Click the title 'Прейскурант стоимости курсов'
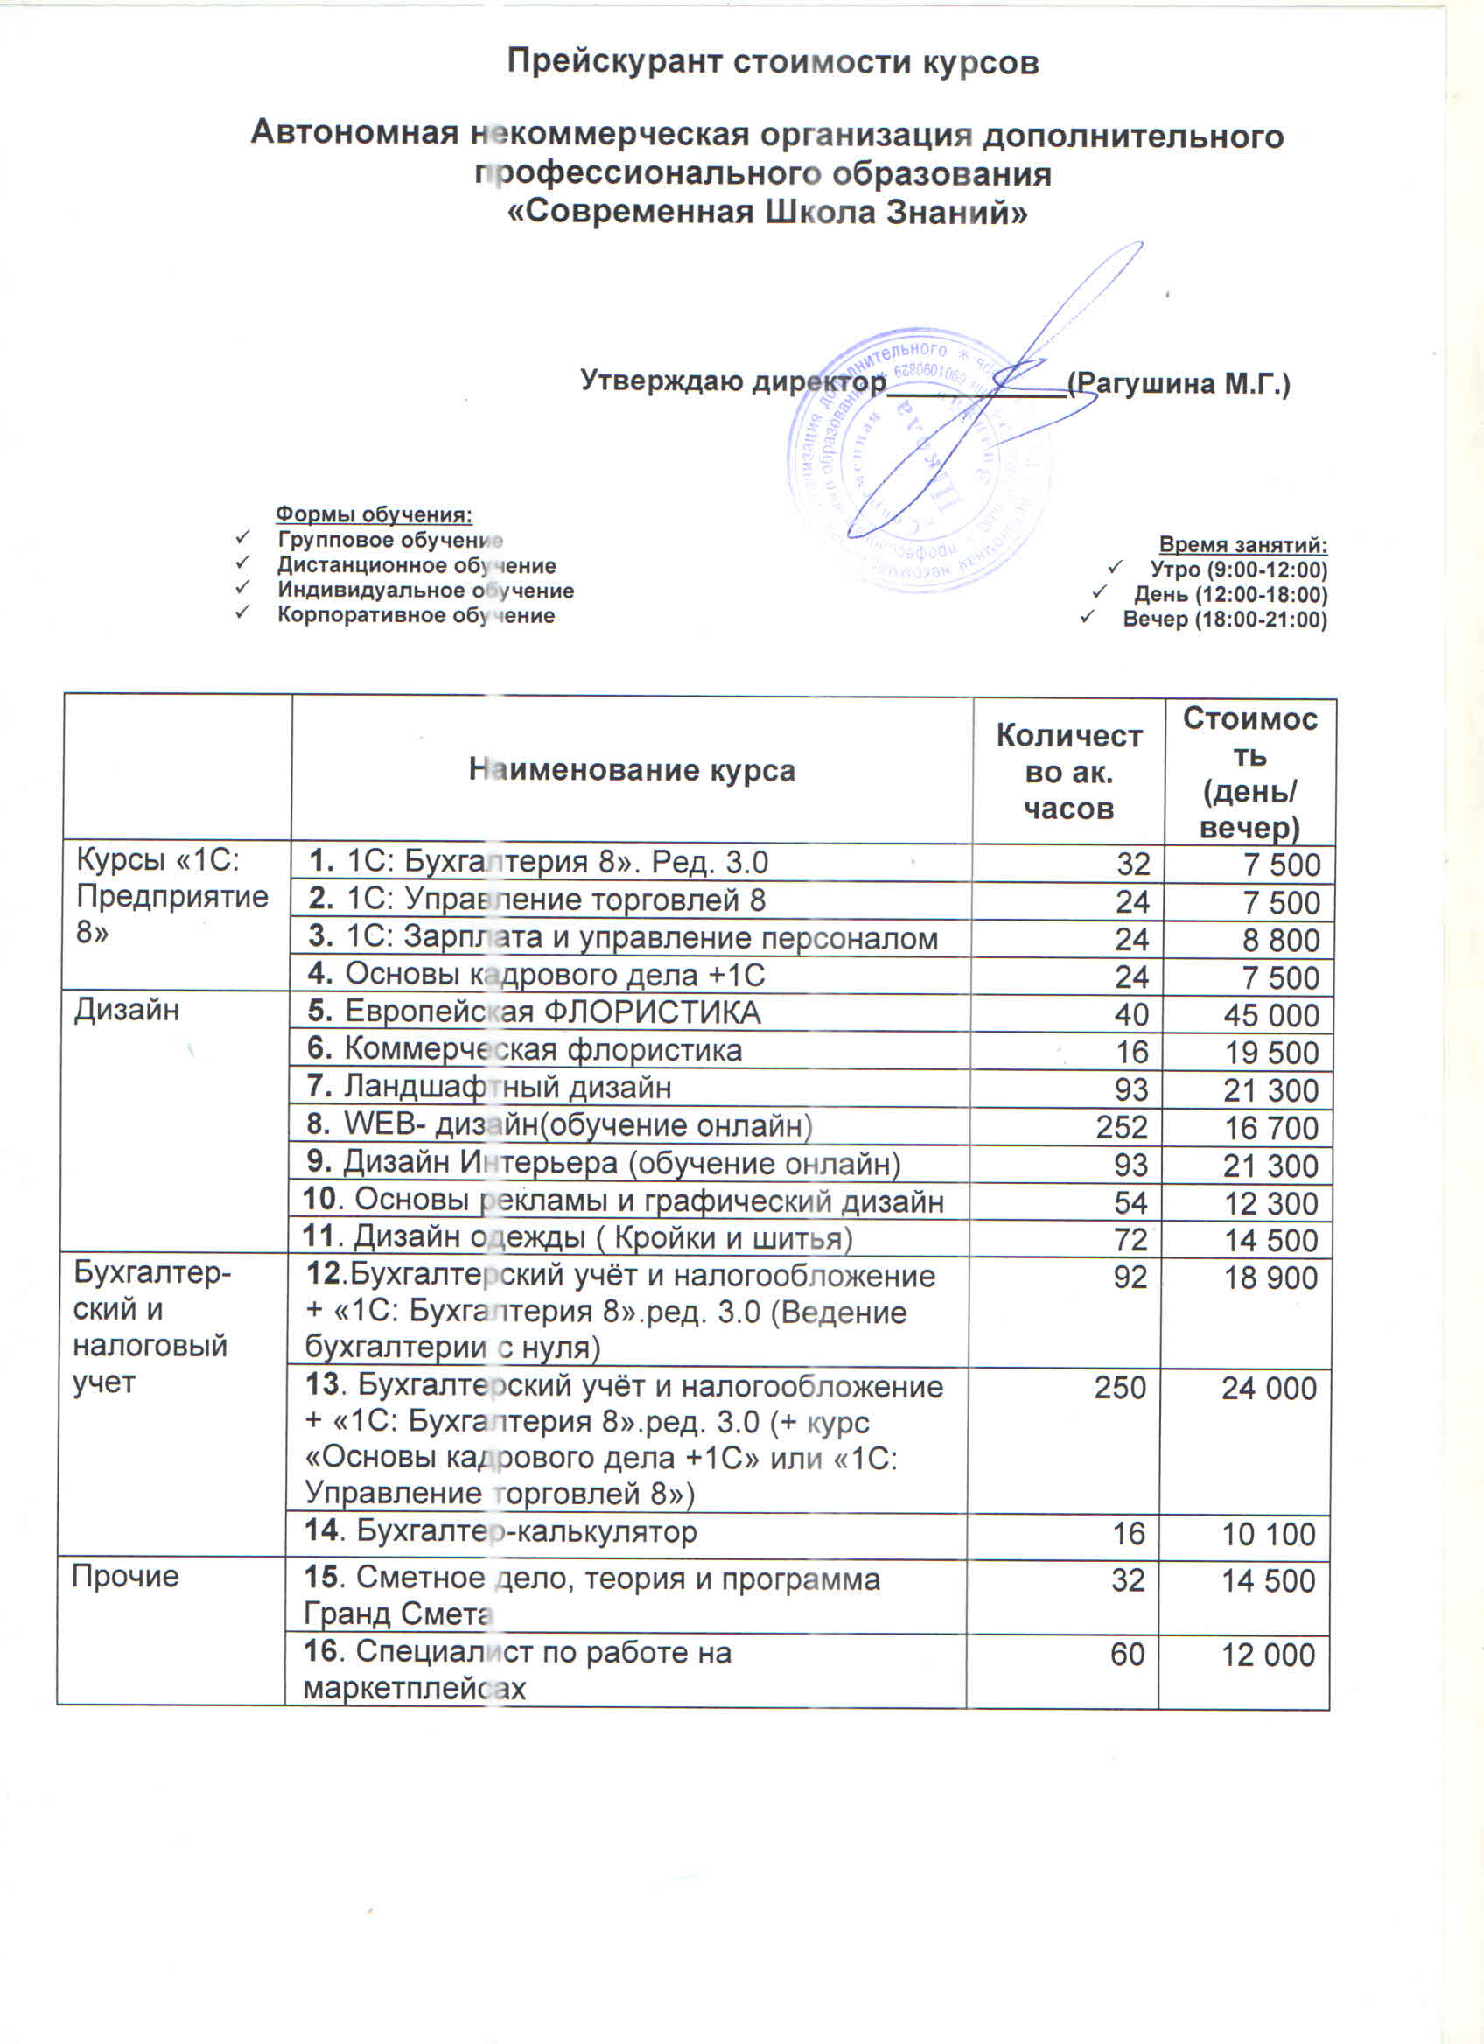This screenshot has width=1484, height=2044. coord(772,62)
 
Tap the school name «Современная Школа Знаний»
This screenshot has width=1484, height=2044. coord(767,213)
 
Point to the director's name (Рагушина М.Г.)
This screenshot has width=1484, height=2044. coord(1179,384)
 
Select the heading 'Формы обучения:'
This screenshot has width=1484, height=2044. coord(373,514)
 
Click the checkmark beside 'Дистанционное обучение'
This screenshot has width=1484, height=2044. coord(241,564)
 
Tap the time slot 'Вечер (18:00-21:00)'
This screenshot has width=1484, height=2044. coord(1224,619)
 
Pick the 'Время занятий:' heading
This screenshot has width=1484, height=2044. coord(1242,544)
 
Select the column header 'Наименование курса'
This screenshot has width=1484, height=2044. coord(632,771)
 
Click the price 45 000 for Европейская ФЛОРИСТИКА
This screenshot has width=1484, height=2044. coord(1270,1016)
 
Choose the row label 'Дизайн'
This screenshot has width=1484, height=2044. coord(127,1011)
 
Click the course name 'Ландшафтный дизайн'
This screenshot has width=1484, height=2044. coord(507,1088)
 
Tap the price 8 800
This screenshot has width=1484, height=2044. coord(1281,940)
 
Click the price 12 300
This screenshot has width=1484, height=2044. coord(1270,1203)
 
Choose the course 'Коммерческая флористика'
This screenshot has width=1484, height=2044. coord(542,1050)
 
